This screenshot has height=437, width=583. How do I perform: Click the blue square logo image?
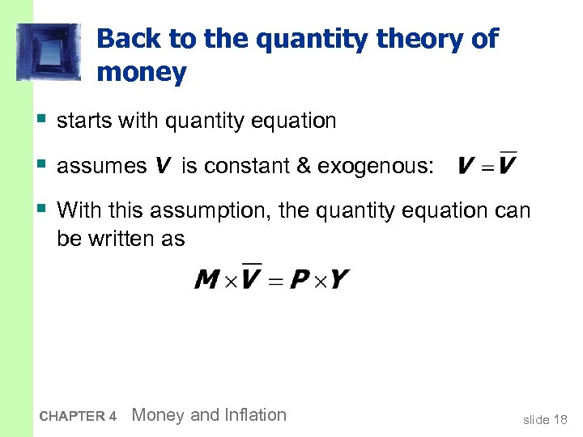point(49,52)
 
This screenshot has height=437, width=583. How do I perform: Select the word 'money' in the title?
point(142,73)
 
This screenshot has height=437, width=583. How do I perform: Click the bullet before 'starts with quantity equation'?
point(40,121)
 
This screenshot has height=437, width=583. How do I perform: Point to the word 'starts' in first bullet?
point(84,121)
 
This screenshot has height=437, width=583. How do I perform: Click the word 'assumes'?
point(102,167)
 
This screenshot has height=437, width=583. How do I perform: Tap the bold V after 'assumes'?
point(163,167)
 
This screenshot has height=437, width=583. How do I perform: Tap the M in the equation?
point(207,280)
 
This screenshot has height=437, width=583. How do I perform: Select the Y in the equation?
point(340,280)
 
